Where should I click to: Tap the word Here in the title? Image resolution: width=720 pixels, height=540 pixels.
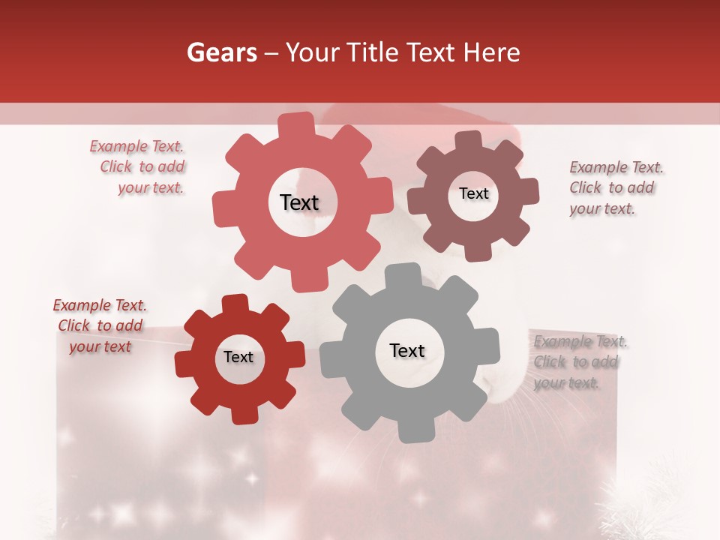pyautogui.click(x=491, y=52)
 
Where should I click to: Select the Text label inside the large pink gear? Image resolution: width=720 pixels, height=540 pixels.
pyautogui.click(x=299, y=202)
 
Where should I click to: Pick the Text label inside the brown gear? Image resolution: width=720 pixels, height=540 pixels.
pyautogui.click(x=473, y=193)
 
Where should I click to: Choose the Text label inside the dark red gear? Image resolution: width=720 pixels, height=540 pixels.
pyautogui.click(x=238, y=358)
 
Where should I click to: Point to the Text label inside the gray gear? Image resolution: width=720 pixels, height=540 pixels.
pyautogui.click(x=407, y=350)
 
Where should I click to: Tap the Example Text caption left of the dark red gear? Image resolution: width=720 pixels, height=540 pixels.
pyautogui.click(x=100, y=326)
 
